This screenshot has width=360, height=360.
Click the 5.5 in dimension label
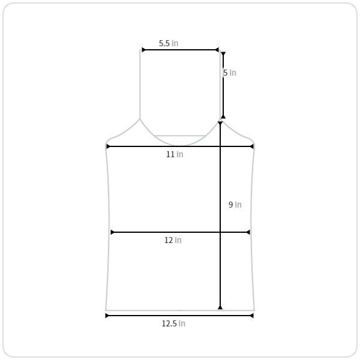(169, 43)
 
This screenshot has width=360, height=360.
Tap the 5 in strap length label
(230, 73)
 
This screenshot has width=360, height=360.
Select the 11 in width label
(175, 154)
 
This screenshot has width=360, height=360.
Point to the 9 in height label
(235, 205)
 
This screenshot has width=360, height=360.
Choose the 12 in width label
(173, 240)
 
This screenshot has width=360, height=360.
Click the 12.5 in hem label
(173, 323)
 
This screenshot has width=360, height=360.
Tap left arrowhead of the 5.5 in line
(143, 50)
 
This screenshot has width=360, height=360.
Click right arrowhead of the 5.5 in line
(217, 50)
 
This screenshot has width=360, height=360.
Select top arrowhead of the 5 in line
(223, 54)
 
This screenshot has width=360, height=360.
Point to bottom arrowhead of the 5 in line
(223, 116)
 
